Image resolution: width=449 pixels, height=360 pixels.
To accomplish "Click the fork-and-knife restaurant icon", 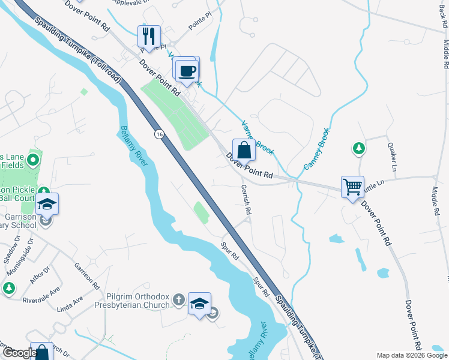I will (149, 36).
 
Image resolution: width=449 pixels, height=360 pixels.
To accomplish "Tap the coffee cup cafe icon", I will (187, 70).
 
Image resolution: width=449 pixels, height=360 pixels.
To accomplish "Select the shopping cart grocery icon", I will (352, 186).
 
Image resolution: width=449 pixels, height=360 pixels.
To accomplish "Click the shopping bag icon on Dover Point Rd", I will (244, 149).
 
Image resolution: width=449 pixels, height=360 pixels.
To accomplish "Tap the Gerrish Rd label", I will (246, 199).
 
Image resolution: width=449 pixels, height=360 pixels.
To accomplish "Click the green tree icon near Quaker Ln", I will (358, 148).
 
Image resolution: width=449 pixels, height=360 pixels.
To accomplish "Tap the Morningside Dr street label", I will (17, 249).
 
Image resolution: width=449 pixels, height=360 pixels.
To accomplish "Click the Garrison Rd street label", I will (87, 275).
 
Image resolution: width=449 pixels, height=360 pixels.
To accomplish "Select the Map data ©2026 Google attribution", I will (411, 355).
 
